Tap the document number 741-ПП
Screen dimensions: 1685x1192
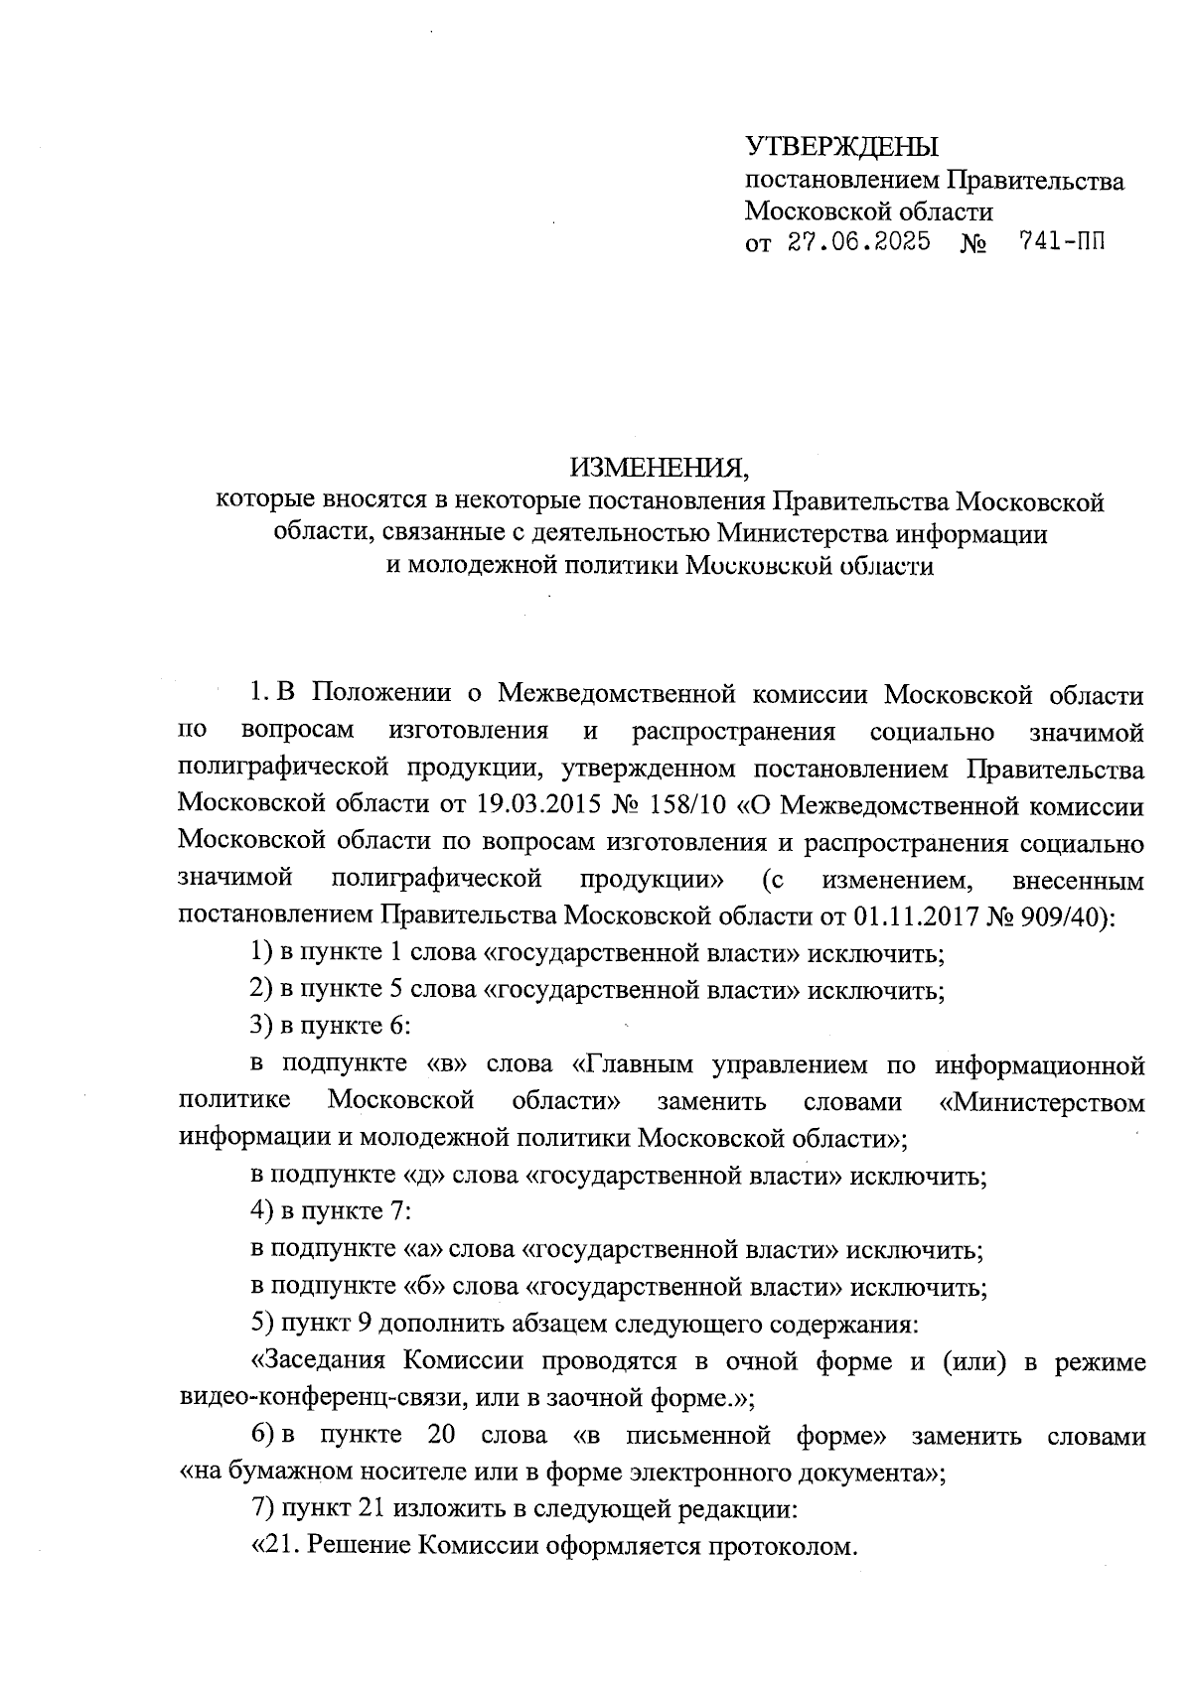[1062, 242]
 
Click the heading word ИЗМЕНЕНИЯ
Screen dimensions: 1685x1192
[656, 468]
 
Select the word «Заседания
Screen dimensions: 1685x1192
[318, 1361]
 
